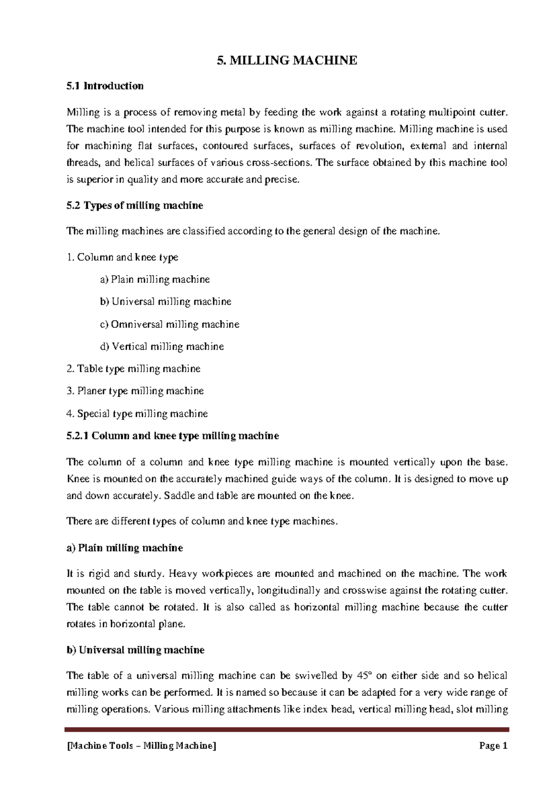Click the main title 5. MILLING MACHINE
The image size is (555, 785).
[x=287, y=61]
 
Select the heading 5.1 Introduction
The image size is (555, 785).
[x=105, y=86]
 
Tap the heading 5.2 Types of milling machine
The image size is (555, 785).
[x=135, y=206]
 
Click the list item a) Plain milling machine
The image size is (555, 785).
[x=154, y=280]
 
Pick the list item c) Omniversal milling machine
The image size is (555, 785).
[x=169, y=325]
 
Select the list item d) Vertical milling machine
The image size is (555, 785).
[x=161, y=347]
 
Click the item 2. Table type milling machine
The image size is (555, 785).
[x=133, y=369]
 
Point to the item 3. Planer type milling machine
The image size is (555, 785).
[x=135, y=391]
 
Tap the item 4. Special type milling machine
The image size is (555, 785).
[x=137, y=414]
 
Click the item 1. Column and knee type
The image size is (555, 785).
[x=123, y=258]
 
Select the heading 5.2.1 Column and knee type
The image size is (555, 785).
[x=173, y=436]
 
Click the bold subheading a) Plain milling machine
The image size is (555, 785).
[x=125, y=548]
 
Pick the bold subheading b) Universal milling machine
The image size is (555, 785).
[x=136, y=650]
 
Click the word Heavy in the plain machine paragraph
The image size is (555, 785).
[x=184, y=574]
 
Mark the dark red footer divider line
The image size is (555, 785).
[x=287, y=730]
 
